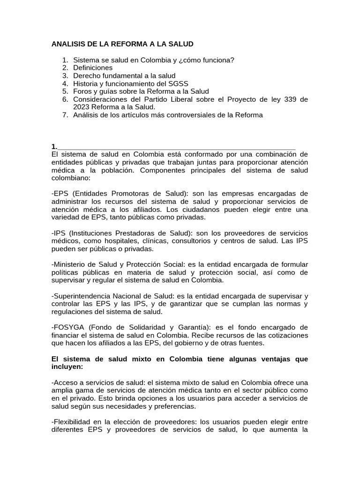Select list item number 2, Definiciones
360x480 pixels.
tap(93, 67)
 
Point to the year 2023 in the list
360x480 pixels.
tap(81, 107)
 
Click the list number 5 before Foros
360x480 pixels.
tap(65, 91)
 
